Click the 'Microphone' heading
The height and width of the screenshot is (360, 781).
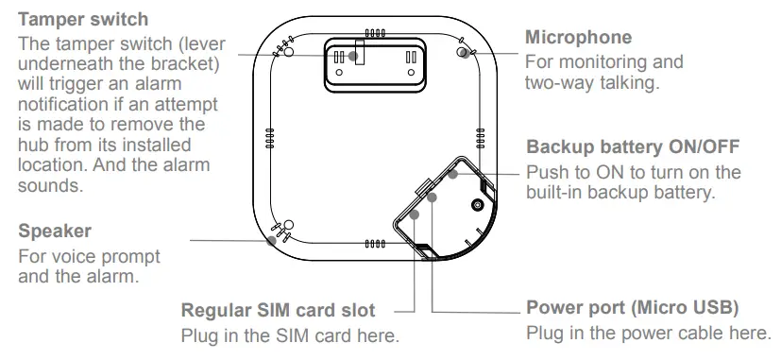tap(578, 38)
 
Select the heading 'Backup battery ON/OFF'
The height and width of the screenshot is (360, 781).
tap(632, 147)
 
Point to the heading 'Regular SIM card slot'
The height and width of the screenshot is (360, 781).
tap(278, 310)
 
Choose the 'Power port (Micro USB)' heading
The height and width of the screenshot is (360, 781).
tap(631, 308)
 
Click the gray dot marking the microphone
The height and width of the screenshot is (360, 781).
tap(463, 54)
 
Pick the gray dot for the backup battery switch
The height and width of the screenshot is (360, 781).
tap(452, 175)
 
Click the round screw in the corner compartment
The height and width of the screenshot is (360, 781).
tap(478, 204)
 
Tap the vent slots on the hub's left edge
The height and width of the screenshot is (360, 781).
tap(268, 138)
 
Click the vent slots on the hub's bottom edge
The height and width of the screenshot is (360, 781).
tap(375, 244)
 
